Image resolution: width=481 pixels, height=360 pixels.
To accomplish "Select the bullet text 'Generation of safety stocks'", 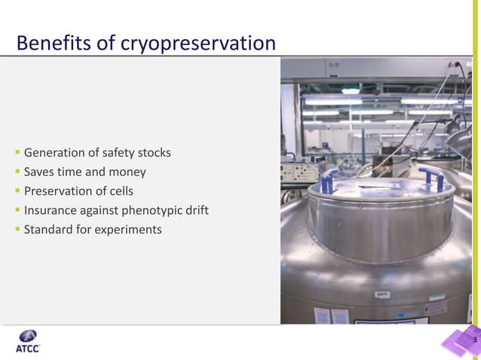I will pos(97,153).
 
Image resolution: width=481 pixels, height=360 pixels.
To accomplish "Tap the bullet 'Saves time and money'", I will pos(84,172).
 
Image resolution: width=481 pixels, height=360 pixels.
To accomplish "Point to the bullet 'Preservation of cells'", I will pos(78,191).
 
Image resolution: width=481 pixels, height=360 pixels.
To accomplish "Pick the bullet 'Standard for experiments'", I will pos(93,229).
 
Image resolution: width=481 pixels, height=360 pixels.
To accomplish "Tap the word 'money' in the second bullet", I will pos(128,172).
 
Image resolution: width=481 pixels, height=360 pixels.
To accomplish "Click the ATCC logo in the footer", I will pos(28,341).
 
